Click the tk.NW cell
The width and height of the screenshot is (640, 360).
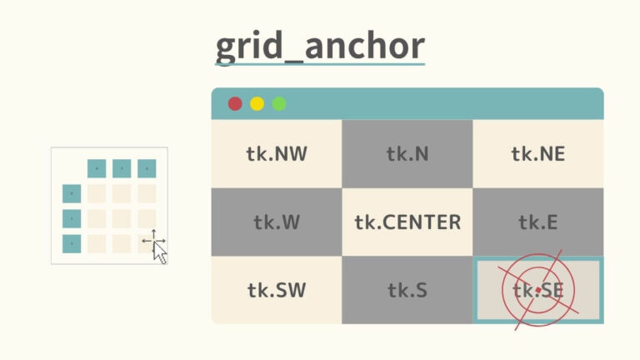pyautogui.click(x=276, y=153)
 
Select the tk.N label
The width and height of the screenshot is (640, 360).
pyautogui.click(x=407, y=153)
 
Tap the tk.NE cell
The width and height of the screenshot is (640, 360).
pyautogui.click(x=537, y=153)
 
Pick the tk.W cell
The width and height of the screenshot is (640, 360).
pyautogui.click(x=276, y=222)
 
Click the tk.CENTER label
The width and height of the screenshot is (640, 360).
pyautogui.click(x=407, y=222)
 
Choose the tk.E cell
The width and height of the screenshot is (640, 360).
pyautogui.click(x=537, y=222)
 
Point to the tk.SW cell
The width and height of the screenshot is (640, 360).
pyautogui.click(x=276, y=290)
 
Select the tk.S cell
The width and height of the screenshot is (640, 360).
pyautogui.click(x=407, y=290)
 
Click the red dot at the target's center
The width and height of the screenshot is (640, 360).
pyautogui.click(x=538, y=290)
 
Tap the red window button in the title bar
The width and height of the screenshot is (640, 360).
pyautogui.click(x=235, y=103)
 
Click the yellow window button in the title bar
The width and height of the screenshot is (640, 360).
pyautogui.click(x=257, y=103)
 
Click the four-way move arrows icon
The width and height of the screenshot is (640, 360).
pyautogui.click(x=153, y=241)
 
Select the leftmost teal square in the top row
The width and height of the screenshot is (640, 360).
pyautogui.click(x=97, y=168)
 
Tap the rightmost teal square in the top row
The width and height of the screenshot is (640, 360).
pyautogui.click(x=147, y=168)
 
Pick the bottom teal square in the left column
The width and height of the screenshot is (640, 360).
pyautogui.click(x=72, y=243)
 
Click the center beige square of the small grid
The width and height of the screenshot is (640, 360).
pyautogui.click(x=122, y=218)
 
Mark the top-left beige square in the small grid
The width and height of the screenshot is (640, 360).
pyautogui.click(x=97, y=193)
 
